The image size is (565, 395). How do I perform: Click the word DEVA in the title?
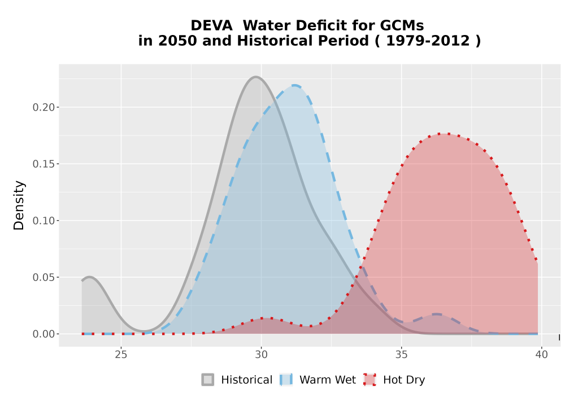[x=211, y=25]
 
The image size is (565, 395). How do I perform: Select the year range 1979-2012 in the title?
[x=428, y=41]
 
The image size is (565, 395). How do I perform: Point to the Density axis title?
[x=19, y=205]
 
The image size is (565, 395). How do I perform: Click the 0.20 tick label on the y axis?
[x=44, y=107]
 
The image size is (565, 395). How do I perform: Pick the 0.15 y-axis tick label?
[x=44, y=164]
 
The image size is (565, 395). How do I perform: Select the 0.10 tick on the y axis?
[x=44, y=221]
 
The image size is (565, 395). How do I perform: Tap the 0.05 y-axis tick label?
[x=44, y=278]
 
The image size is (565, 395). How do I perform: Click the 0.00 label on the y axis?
[x=44, y=334]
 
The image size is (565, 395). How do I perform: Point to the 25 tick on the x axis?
[x=121, y=355]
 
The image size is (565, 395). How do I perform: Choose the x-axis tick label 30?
[x=261, y=355]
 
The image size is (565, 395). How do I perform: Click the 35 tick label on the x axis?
[x=401, y=355]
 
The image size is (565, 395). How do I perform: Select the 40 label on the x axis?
[x=542, y=355]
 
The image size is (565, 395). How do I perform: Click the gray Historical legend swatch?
[x=207, y=380]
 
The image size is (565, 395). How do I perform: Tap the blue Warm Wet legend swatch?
[x=286, y=380]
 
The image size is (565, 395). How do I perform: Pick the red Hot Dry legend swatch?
[x=370, y=380]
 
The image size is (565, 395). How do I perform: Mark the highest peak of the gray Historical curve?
[x=255, y=77]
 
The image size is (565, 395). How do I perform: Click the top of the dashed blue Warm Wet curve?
[x=295, y=86]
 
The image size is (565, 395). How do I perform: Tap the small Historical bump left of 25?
[x=89, y=277]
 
